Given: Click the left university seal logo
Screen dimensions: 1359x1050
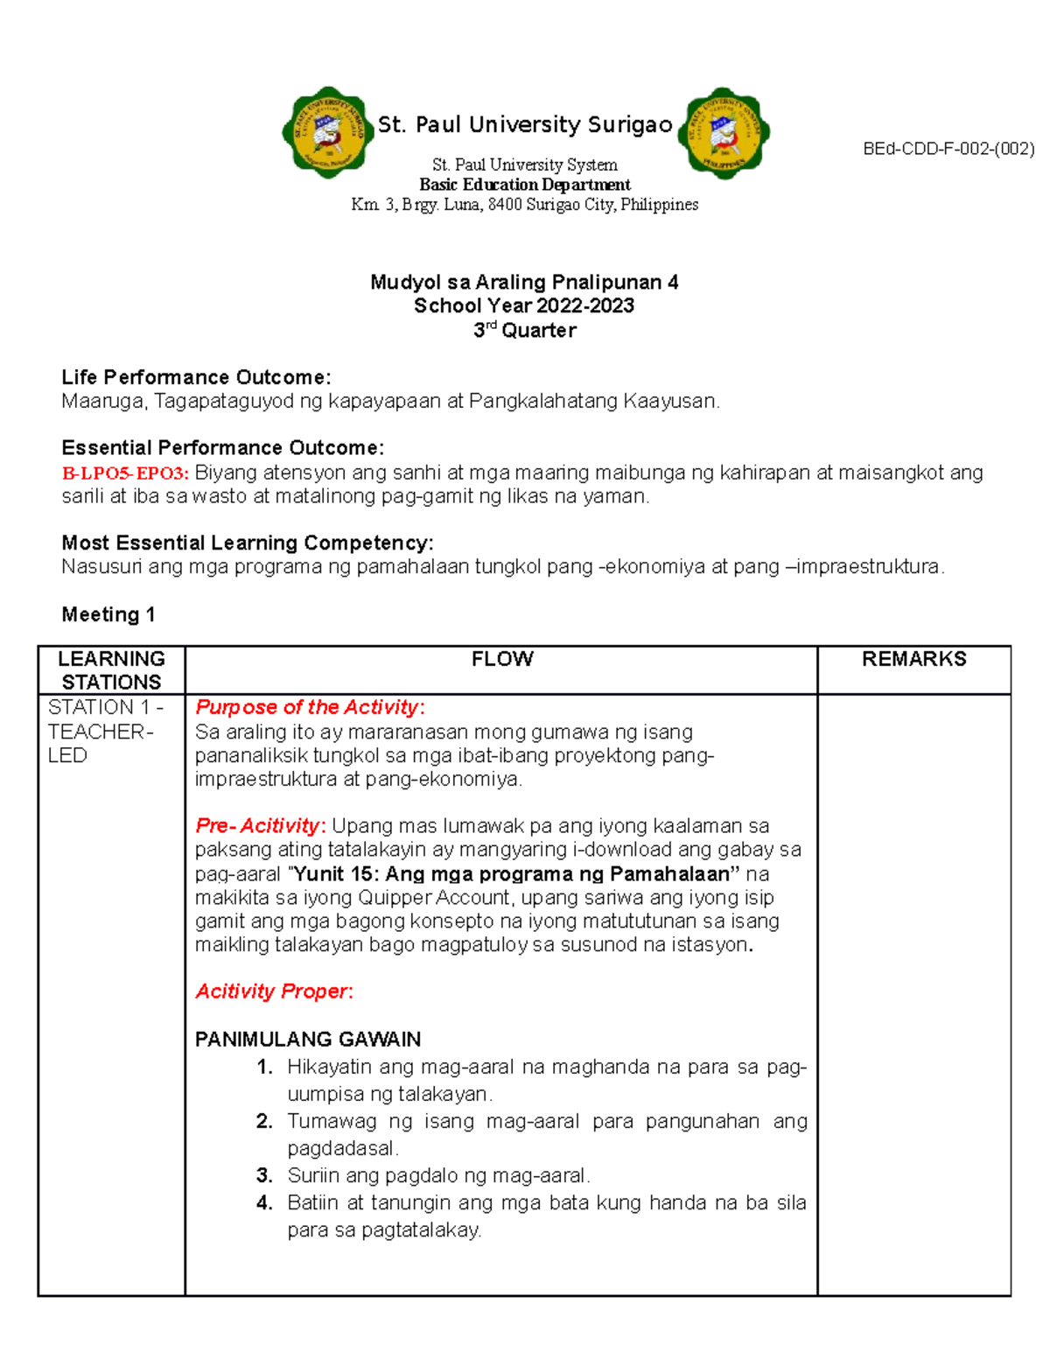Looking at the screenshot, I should [326, 133].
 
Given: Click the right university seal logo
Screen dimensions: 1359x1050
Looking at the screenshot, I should [724, 133].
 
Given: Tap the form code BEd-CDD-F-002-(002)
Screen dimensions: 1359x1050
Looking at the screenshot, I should [948, 149].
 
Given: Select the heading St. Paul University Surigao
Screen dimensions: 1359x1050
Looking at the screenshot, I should [525, 125].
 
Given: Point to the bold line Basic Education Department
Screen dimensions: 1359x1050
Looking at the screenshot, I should [525, 185].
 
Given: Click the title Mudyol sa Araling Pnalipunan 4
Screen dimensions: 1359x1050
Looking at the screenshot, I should [524, 282].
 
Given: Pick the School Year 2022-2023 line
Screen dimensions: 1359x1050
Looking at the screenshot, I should [524, 305].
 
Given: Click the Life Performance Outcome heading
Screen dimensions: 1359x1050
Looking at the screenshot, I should [196, 377].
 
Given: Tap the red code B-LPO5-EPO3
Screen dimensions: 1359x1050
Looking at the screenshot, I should [125, 473].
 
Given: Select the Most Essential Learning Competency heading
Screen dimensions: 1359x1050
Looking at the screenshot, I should [247, 543].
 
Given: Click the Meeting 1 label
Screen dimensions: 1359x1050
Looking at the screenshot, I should [108, 614].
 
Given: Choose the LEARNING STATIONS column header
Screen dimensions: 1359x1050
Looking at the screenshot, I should [111, 670].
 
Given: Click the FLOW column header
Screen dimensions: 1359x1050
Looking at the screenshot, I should [502, 659].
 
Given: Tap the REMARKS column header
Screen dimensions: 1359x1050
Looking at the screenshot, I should [913, 659].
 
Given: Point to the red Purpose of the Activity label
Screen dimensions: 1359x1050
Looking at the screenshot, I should [310, 707].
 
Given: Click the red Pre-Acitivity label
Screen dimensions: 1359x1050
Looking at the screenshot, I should [260, 825].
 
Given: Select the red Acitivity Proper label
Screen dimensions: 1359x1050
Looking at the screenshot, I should [273, 991].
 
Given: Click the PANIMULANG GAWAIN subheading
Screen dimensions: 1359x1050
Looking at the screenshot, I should [308, 1039].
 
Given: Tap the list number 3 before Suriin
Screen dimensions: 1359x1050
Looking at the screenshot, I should [264, 1175].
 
